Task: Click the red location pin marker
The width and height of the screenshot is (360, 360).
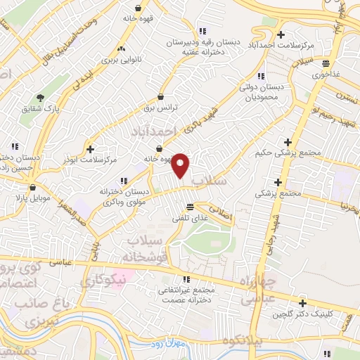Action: point(181,165)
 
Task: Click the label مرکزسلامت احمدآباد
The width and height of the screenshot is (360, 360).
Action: point(281,45)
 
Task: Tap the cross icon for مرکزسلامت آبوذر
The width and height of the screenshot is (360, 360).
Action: point(90,148)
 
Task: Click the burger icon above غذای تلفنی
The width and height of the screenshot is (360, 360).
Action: point(189,206)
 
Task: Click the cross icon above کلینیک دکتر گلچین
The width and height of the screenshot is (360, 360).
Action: point(303,303)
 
